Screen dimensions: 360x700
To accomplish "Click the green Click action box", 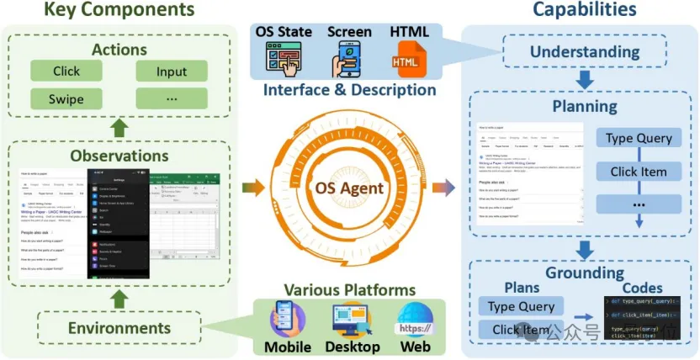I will point(66,71).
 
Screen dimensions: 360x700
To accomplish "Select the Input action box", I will point(172,71).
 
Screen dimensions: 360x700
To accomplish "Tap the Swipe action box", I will point(66,100).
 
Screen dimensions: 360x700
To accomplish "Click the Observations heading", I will point(119,156).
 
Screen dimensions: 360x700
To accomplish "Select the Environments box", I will point(119,327).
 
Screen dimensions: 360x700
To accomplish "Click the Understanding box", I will point(586,52).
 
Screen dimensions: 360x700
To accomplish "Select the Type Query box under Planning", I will point(638,138).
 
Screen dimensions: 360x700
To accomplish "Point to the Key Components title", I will point(119,11).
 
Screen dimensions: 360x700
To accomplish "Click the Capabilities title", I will point(585,11).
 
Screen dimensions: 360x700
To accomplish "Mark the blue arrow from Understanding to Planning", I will point(586,81).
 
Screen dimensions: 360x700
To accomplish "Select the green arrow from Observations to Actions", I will point(119,129).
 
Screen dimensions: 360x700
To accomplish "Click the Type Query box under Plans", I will point(521,306).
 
